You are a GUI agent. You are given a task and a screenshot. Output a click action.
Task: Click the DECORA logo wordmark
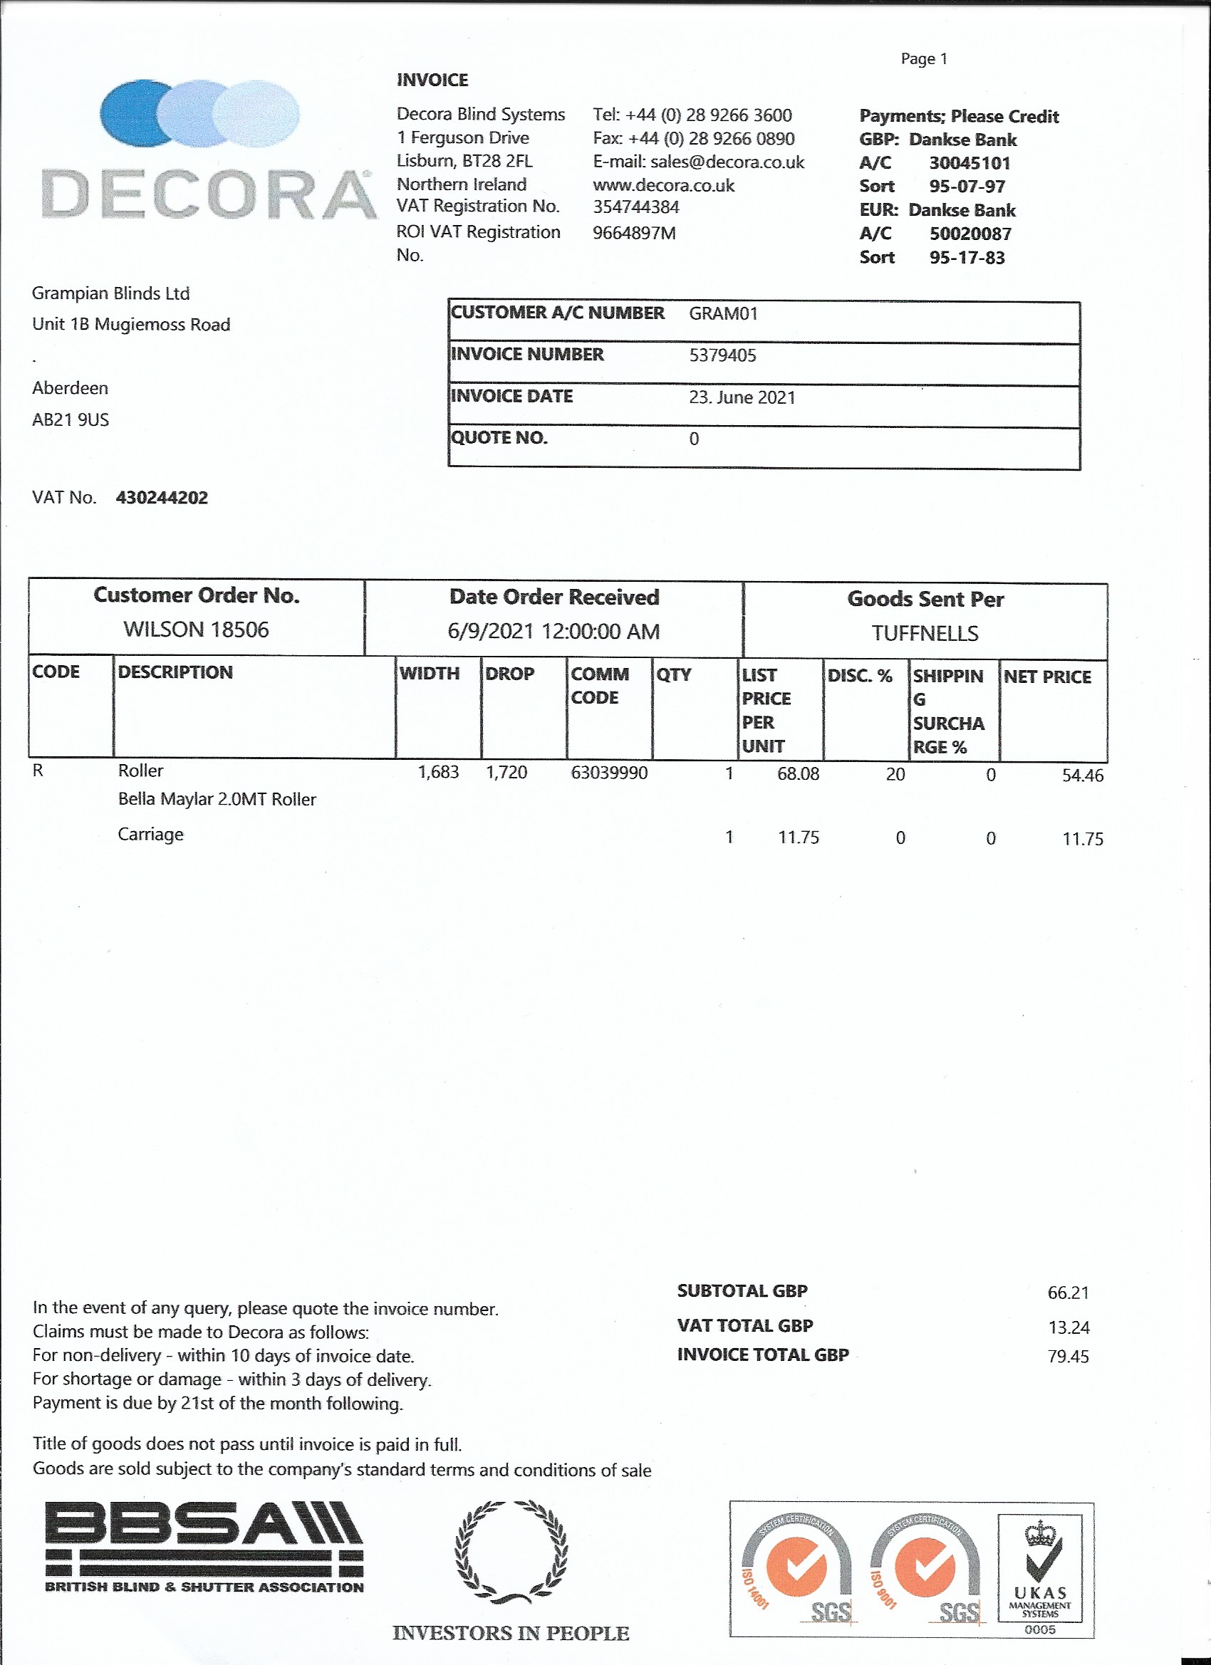coord(209,194)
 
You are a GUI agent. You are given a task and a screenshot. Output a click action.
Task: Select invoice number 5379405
coord(722,355)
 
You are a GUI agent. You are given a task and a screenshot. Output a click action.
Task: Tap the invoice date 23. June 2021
coord(742,397)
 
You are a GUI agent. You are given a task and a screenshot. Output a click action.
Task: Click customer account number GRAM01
coord(722,313)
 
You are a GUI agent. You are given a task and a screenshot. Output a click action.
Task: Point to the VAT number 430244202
coord(162,498)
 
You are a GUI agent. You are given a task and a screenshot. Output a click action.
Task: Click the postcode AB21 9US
coord(71,419)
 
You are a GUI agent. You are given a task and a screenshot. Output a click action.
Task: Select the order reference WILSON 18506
coord(196,629)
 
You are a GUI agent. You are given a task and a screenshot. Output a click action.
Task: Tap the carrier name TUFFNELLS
coord(925,633)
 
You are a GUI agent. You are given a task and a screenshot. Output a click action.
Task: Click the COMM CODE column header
coord(599,686)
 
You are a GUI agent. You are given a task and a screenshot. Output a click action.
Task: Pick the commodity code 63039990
coord(609,772)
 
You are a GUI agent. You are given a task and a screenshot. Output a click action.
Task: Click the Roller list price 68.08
coord(798,773)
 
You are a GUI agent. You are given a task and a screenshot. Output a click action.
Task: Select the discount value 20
coord(895,775)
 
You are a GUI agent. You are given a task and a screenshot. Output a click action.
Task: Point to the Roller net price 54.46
coord(1082,776)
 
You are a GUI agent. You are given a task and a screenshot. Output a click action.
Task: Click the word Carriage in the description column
coord(150,834)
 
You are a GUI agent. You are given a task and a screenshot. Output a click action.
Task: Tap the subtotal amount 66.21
coord(1068,1293)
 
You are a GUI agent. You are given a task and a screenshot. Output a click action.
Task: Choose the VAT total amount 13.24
coord(1069,1327)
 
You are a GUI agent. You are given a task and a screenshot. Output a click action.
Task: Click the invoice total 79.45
coord(1068,1357)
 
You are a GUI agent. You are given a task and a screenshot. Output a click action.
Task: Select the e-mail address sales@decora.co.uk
coord(727,162)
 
